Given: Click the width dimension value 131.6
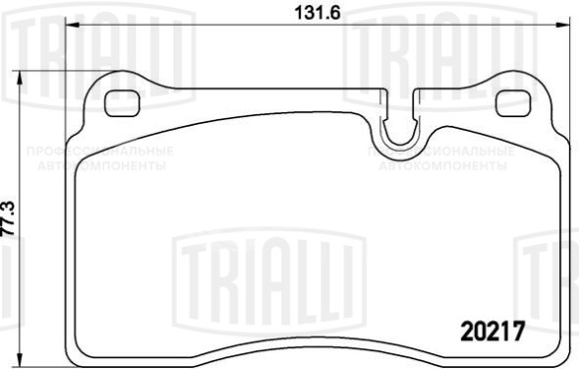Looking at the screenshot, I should pyautogui.click(x=311, y=14).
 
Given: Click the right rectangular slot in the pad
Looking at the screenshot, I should pyautogui.click(x=513, y=100).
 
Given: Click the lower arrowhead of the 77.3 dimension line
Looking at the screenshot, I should pyautogui.click(x=24, y=361).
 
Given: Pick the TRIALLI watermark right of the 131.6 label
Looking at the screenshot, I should pyautogui.click(x=418, y=44).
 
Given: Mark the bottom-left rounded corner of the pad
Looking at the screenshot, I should pyautogui.click(x=82, y=352).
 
